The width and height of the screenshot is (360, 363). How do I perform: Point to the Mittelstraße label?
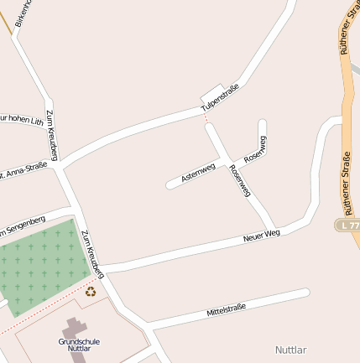pos(226,310)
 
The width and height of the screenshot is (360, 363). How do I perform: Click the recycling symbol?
pos(91,292)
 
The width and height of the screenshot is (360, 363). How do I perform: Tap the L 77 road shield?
pos(348,226)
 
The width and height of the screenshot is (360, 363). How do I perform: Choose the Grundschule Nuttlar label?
pos(74,344)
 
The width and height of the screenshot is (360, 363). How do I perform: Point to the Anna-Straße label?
pos(23,170)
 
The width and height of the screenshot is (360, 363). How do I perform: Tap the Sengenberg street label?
pos(22,224)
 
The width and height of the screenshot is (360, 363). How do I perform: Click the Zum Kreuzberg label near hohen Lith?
pos(52,135)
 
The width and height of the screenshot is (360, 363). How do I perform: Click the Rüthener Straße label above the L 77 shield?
pos(346,180)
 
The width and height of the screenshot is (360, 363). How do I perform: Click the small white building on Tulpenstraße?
pos(213,92)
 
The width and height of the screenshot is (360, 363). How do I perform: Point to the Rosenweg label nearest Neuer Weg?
pos(239,181)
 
